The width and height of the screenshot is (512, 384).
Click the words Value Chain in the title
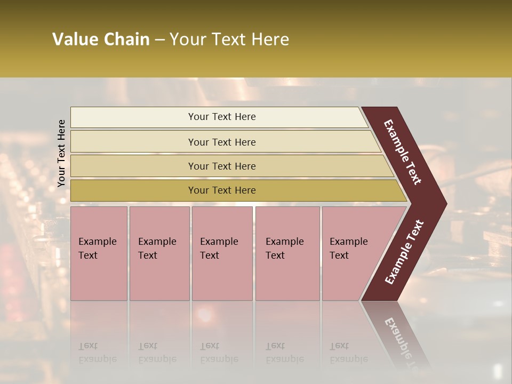[x=101, y=39]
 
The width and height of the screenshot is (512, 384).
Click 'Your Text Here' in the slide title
[x=229, y=39]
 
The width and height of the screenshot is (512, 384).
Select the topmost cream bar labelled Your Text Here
[x=222, y=117]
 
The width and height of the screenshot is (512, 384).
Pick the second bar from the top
[x=222, y=142]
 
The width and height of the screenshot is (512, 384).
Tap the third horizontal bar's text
[x=222, y=166]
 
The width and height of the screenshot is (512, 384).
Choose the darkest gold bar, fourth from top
[x=222, y=190]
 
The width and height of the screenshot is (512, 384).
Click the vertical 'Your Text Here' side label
[x=61, y=153]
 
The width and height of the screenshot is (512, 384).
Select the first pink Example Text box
[x=99, y=253]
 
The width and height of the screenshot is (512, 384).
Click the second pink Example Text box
[x=159, y=253]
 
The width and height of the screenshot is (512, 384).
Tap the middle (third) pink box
[x=221, y=253]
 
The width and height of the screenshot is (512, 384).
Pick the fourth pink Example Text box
[x=287, y=253]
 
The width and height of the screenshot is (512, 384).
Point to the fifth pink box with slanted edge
[x=352, y=253]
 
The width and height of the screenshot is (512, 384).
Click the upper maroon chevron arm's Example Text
[x=403, y=152]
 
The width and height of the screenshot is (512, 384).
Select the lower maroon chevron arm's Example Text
[x=404, y=252]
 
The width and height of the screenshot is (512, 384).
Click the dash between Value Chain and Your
[x=159, y=40]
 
